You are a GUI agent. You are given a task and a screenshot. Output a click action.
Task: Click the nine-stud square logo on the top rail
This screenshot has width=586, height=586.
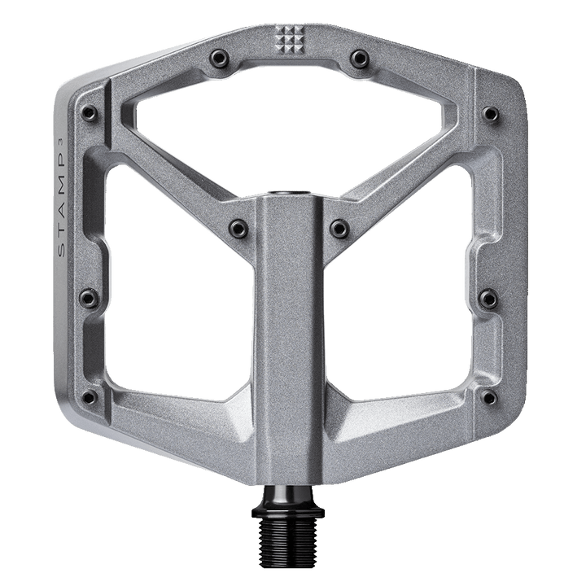coord(288,39)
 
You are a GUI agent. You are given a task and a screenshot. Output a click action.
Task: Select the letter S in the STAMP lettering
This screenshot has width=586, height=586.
coord(62,251)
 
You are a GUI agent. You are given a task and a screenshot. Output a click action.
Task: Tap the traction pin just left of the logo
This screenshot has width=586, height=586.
coord(217,57)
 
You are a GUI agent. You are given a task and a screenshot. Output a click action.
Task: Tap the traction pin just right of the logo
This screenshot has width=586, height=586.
coord(360,57)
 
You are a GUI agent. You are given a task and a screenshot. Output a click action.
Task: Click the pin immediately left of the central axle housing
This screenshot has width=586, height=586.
coord(238,226)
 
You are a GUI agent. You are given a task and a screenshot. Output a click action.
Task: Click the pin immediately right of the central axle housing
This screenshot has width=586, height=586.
coord(339,226)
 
